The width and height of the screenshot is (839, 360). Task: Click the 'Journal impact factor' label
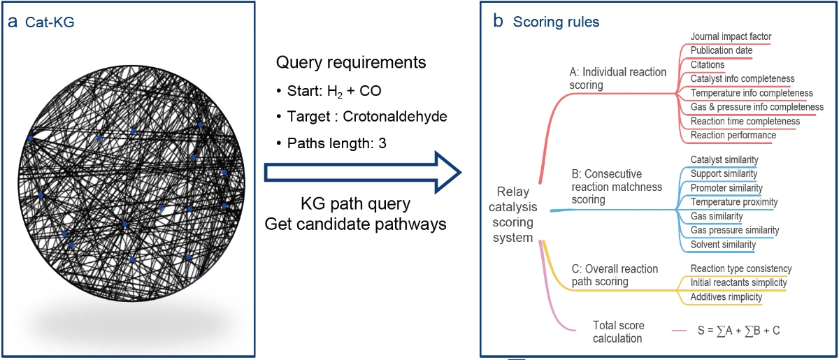[x=731, y=36]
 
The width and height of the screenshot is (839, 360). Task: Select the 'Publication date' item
[x=722, y=50]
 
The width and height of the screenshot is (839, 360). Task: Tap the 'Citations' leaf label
[x=707, y=64]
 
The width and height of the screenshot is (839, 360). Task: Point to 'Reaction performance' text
[x=733, y=135]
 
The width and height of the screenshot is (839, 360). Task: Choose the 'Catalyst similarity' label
[x=724, y=160]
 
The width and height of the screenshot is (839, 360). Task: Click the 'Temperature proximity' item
[x=733, y=202]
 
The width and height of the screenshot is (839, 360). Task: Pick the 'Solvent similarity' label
[x=723, y=245]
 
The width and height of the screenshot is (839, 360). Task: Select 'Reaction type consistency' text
[x=741, y=268]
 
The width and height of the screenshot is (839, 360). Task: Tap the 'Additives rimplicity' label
[x=726, y=296]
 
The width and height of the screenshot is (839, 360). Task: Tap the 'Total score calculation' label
[x=618, y=332]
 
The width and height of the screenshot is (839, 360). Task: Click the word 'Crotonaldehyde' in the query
[x=395, y=117]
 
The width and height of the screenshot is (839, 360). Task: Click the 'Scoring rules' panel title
[x=556, y=22]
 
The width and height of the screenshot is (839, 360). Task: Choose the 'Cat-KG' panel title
[x=50, y=22]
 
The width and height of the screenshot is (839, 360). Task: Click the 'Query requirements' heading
[x=351, y=62]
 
